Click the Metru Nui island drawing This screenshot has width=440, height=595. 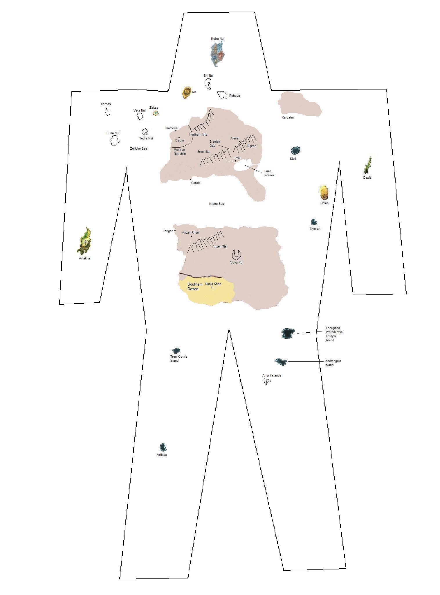[217, 54]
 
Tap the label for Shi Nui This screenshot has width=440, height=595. [208, 76]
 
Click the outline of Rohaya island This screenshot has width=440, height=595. [222, 95]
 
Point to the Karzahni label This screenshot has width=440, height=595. [288, 118]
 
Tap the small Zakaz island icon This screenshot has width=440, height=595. [156, 113]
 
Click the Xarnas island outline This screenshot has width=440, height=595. [107, 112]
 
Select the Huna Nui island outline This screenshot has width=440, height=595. [115, 141]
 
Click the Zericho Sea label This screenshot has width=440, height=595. [138, 149]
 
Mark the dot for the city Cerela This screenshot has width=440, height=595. [191, 180]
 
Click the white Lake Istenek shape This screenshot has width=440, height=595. [243, 166]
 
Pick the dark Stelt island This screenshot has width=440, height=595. [295, 150]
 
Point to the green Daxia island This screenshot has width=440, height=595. [367, 166]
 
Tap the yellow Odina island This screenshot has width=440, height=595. [324, 193]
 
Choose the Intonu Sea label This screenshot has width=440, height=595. [217, 204]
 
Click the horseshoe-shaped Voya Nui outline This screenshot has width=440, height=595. [237, 255]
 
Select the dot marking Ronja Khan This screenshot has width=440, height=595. [212, 288]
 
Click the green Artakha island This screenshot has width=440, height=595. [84, 241]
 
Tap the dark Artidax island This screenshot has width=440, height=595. [163, 447]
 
